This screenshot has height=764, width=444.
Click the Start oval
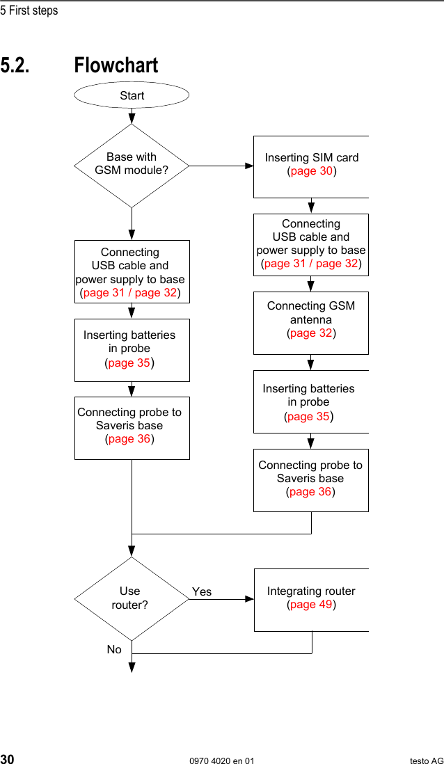click(132, 95)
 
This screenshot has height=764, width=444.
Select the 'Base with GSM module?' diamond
click(132, 165)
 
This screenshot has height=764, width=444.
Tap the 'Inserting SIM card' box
click(311, 166)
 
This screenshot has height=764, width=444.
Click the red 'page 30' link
click(312, 171)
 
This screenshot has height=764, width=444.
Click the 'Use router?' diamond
click(132, 598)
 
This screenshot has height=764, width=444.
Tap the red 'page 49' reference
click(312, 605)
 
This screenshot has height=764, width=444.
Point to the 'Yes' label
click(202, 592)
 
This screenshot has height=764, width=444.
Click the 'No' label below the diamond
click(114, 649)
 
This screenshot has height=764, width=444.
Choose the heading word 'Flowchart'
click(116, 65)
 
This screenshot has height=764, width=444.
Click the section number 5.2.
click(15, 65)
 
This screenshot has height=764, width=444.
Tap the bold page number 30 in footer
click(8, 759)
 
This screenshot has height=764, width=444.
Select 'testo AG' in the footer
click(426, 761)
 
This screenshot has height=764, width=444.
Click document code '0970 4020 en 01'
click(222, 761)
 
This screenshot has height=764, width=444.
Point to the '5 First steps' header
click(29, 10)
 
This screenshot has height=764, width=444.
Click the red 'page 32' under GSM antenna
click(312, 333)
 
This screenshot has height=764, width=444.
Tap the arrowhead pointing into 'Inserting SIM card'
click(249, 166)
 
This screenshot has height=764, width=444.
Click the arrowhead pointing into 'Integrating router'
click(249, 598)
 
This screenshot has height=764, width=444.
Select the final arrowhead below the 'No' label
click(132, 669)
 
